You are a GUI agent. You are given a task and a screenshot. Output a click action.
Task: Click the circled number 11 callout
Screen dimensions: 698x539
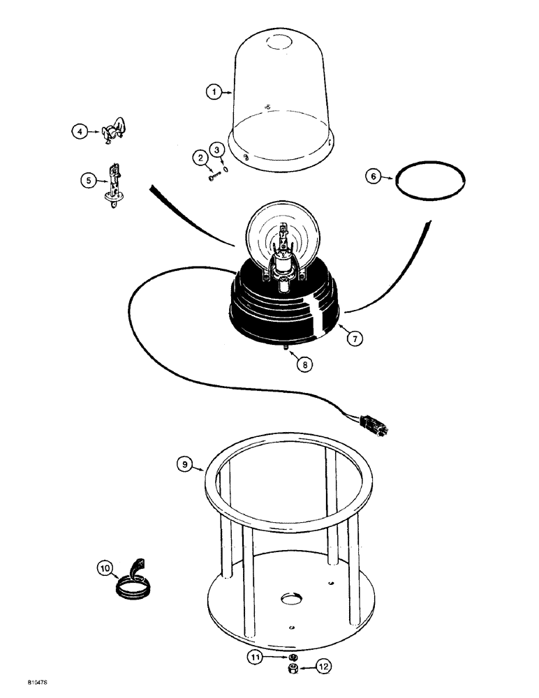[x=257, y=656]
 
